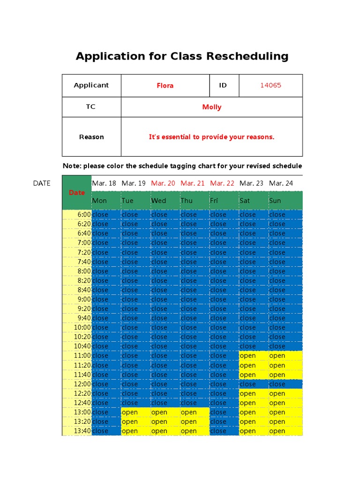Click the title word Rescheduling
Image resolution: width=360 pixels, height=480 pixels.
(x=249, y=57)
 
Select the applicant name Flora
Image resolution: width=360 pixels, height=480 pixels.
(x=165, y=85)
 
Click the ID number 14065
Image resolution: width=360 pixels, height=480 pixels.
(x=270, y=85)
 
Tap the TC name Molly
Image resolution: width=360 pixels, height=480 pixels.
(x=211, y=107)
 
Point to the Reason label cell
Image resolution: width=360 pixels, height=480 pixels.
(x=91, y=137)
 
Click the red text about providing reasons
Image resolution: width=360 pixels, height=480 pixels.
(x=211, y=137)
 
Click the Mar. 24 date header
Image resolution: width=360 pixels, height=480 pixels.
(x=281, y=183)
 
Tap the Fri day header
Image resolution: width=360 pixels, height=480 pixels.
(x=214, y=201)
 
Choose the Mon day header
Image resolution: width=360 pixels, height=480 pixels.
(x=99, y=201)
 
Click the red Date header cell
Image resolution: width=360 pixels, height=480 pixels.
(x=77, y=193)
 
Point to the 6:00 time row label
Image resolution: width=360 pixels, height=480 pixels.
(x=84, y=215)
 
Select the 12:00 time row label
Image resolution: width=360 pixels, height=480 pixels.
(x=83, y=384)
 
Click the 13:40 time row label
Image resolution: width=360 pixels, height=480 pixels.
(x=83, y=431)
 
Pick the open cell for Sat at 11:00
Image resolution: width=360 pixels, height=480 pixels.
(x=247, y=356)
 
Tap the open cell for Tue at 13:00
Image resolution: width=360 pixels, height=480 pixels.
(x=130, y=412)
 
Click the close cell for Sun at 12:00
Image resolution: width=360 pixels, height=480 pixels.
(x=277, y=384)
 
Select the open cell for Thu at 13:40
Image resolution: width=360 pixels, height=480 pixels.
(x=188, y=431)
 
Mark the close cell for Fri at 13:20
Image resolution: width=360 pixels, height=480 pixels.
(x=218, y=421)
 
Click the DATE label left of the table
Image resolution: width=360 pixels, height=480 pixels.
(x=42, y=183)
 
